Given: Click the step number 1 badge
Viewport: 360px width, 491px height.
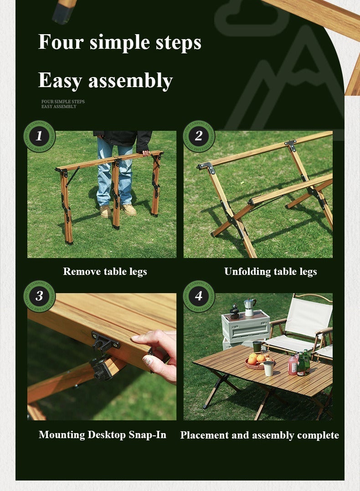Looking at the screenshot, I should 39,136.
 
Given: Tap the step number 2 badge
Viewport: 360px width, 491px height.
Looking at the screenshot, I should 199,136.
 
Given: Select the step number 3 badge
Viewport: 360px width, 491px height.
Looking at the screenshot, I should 39,296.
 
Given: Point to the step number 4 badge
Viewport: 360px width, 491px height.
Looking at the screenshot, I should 199,296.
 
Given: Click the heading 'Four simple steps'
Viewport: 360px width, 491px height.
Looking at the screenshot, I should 119,42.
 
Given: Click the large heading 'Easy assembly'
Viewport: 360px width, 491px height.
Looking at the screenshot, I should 105,80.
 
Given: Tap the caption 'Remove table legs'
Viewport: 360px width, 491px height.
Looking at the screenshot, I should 105,272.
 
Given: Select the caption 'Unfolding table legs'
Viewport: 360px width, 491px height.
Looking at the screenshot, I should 270,272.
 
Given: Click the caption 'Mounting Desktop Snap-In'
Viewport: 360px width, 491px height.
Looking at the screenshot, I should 103,435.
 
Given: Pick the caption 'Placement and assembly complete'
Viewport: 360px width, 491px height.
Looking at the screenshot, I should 259,435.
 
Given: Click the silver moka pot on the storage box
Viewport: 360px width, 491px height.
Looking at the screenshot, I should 250,307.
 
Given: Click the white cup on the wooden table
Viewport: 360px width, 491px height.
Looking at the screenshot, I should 268,368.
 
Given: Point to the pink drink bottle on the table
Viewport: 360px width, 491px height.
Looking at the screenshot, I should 292,365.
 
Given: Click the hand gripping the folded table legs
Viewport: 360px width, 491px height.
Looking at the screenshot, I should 145,153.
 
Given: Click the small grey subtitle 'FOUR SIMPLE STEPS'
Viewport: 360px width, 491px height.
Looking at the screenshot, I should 63,102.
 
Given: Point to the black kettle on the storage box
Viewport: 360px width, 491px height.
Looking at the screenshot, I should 234,312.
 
